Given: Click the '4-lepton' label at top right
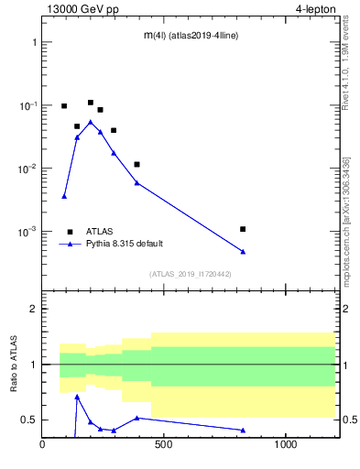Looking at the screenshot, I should pos(313,8).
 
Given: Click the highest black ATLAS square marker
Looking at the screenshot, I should pos(91,103).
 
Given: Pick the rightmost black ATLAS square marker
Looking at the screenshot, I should pos(243,229).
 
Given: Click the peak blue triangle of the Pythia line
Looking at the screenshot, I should pos(91,121).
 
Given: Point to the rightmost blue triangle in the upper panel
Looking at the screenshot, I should pos(243,252).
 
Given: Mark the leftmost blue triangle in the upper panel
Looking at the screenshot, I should pos(64,196).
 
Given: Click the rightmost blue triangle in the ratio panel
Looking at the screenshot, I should pos(243,430).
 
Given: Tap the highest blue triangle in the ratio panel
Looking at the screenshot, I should pos(77,396).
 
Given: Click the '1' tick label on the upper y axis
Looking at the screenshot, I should pos(34,43).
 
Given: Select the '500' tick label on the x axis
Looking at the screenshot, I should pos(164,446).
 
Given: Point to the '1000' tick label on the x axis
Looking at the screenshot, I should pos(286,446).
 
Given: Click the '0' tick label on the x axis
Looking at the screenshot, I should pos(42,446).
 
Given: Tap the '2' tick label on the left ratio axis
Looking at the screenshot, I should pos(34,309).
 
